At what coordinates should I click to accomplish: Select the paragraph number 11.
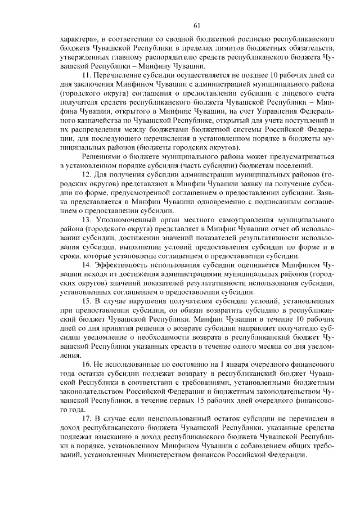[x=87, y=75]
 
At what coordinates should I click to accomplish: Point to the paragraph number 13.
[x=87, y=217]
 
